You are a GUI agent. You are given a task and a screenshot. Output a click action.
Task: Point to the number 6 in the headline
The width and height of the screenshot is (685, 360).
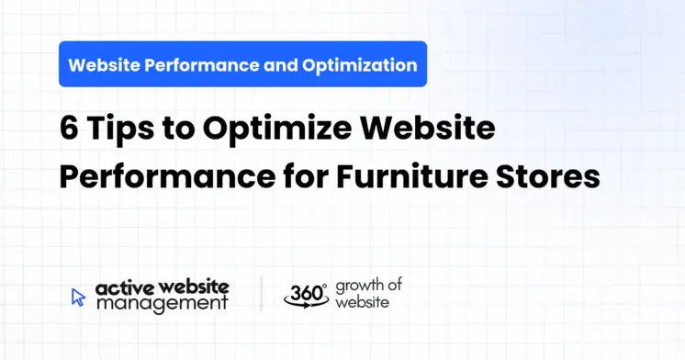click(x=70, y=129)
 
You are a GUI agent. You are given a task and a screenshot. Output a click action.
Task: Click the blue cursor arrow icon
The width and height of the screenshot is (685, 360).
click(x=79, y=296)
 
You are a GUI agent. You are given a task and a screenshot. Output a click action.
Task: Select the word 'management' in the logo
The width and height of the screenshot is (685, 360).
click(x=161, y=304)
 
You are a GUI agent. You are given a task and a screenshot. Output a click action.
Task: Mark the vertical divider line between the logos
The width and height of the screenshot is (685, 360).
click(x=261, y=295)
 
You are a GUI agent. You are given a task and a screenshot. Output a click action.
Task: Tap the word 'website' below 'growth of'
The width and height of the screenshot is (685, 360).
click(x=360, y=302)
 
